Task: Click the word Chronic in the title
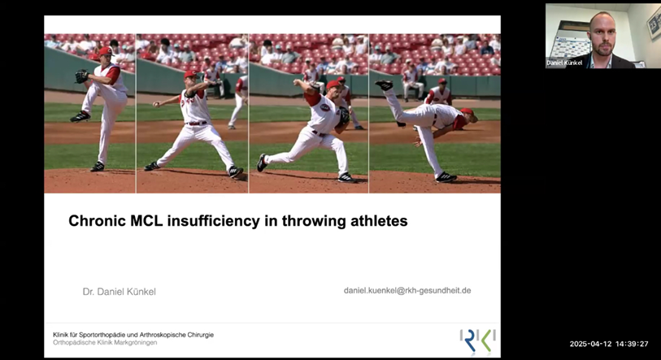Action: point(97,221)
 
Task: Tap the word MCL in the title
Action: point(146,221)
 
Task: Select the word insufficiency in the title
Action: point(214,221)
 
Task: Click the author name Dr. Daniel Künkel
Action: point(120,291)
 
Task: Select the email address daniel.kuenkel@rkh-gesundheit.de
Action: point(407,290)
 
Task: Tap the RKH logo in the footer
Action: point(477,340)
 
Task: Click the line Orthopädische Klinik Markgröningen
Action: point(105,342)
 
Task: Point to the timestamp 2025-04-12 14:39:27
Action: point(609,344)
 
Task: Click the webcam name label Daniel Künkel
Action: point(564,63)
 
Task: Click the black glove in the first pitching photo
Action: point(82,76)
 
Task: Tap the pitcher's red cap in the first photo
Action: point(106,51)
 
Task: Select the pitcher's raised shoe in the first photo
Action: point(80,116)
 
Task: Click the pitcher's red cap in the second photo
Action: point(190,74)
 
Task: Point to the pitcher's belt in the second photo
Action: point(197,123)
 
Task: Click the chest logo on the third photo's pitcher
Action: point(325,107)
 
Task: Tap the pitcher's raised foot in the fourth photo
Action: point(385,85)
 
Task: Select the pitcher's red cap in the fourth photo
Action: point(468,112)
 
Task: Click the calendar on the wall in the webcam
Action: point(569,45)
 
